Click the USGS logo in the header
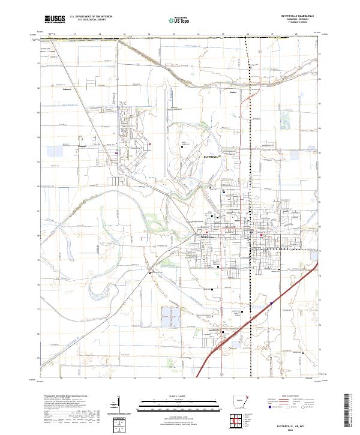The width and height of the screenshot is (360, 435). (55, 19)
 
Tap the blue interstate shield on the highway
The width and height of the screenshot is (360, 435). (271, 303)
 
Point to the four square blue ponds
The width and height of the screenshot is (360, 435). (170, 316)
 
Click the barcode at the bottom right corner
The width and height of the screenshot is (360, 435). (349, 414)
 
